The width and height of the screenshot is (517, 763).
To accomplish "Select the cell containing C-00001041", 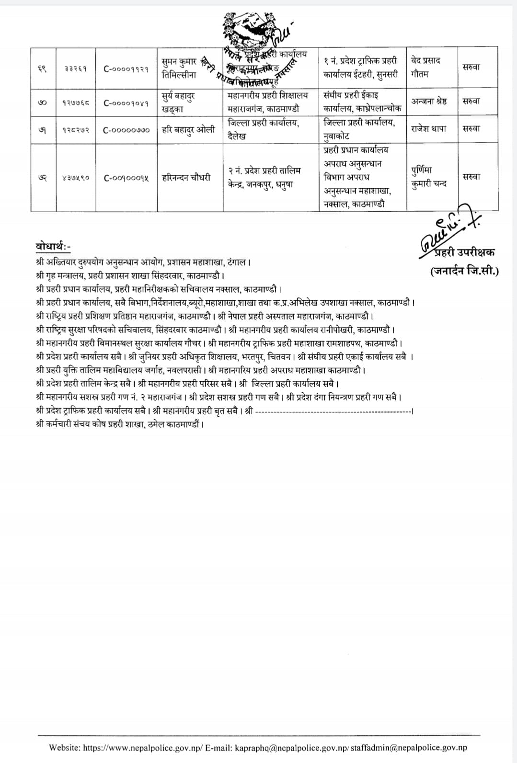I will tap(126, 102).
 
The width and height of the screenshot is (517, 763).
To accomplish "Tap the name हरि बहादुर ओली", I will tap(188, 129).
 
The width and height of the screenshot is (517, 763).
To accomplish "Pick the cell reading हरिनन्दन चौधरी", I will tap(186, 178).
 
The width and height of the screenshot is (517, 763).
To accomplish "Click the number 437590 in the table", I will tap(75, 178).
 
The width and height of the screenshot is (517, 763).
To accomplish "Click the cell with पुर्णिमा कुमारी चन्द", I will tap(429, 177).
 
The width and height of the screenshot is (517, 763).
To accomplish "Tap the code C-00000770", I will tap(126, 130).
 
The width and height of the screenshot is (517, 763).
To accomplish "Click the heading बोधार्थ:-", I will tap(53, 247).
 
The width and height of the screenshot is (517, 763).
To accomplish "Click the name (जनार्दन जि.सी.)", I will tap(464, 271).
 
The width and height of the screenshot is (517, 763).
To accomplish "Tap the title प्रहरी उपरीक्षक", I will tap(464, 253).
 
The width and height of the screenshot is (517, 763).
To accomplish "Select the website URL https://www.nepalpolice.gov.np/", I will tap(143, 748).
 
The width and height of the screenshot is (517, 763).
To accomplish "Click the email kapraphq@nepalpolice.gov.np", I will tap(292, 748).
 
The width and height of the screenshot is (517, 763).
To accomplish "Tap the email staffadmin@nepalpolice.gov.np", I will tap(411, 748).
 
